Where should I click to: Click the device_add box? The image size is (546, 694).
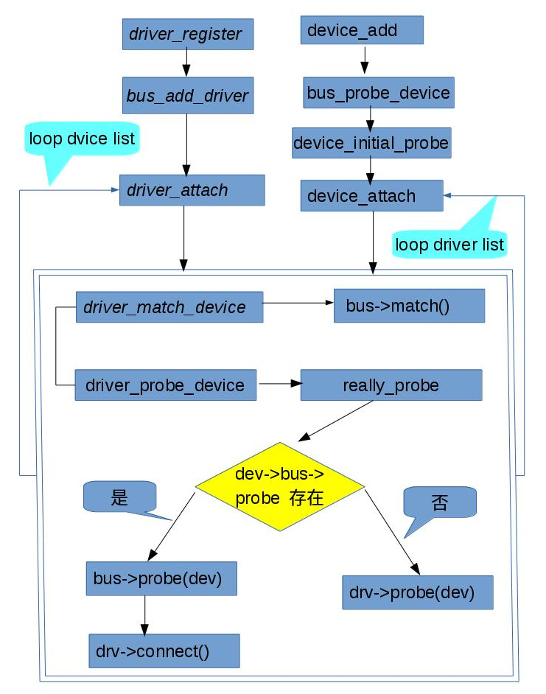point(362,31)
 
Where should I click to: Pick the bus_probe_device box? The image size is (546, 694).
point(378,93)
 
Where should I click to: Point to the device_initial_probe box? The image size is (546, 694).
point(371,143)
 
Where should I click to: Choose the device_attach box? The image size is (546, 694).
point(371,196)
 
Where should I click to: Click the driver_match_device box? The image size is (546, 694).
point(169,306)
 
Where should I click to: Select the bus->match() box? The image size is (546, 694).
point(409,305)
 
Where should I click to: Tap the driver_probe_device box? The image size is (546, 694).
point(165,385)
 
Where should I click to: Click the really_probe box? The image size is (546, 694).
point(391,385)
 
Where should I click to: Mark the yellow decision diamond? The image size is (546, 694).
point(280,486)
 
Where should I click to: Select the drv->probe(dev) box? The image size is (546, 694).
point(417,592)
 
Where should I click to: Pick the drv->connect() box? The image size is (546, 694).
point(164,651)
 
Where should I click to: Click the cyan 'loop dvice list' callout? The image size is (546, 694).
point(82,139)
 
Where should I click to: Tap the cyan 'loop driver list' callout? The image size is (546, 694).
point(449,243)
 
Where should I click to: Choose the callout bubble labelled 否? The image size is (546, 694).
point(439,503)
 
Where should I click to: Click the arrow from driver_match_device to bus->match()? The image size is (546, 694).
point(298,302)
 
